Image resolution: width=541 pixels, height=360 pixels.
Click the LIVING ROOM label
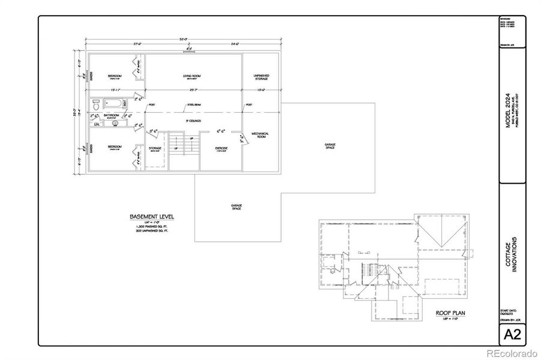click(x=192, y=76)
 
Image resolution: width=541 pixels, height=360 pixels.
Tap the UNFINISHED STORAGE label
click(x=261, y=77)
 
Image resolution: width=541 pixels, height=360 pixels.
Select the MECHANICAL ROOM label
click(x=260, y=134)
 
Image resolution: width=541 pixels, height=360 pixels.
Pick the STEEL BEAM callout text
click(x=193, y=104)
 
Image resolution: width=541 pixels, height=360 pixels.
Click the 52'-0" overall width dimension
click(x=183, y=40)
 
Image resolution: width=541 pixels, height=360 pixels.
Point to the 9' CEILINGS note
click(x=192, y=121)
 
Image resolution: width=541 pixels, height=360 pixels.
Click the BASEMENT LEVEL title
click(x=153, y=216)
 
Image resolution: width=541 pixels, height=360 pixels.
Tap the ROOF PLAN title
click(x=450, y=313)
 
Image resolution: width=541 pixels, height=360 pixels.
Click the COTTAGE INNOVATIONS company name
click(x=511, y=257)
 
